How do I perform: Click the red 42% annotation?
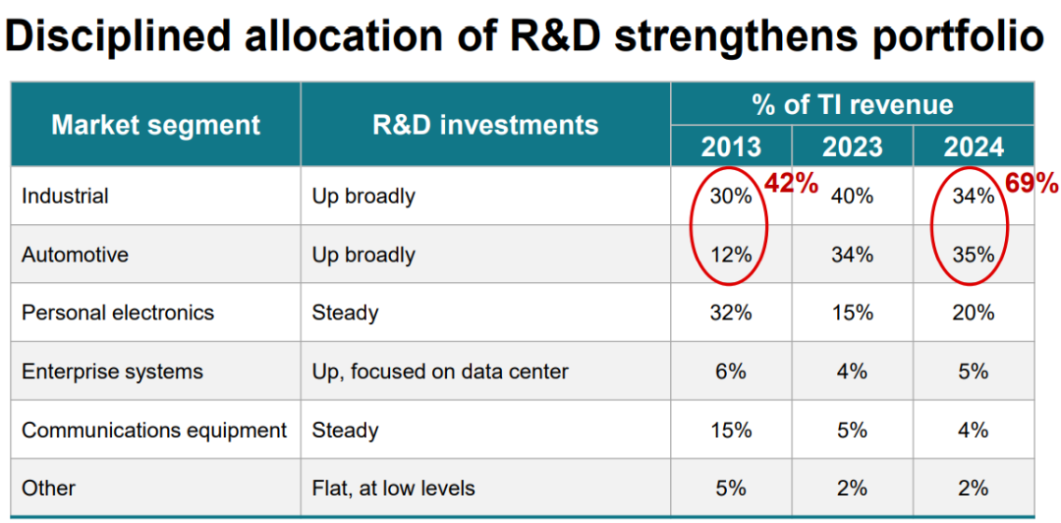pyautogui.click(x=792, y=184)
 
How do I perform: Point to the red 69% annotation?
pyautogui.click(x=1031, y=184)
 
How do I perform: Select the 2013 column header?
pyautogui.click(x=731, y=146)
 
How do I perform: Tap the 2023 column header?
pyautogui.click(x=852, y=146)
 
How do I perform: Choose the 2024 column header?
pyautogui.click(x=974, y=146)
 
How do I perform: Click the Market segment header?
pyautogui.click(x=155, y=125)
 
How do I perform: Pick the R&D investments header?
pyautogui.click(x=485, y=125)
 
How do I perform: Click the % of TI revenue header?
pyautogui.click(x=852, y=104)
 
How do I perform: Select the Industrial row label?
pyautogui.click(x=65, y=197)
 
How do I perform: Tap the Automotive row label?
pyautogui.click(x=75, y=255)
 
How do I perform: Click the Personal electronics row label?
pyautogui.click(x=118, y=313)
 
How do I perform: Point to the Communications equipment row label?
pyautogui.click(x=154, y=430)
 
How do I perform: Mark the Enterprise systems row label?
pyautogui.click(x=112, y=372)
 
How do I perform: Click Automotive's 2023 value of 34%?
pyautogui.click(x=852, y=255)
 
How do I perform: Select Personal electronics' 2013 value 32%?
pyautogui.click(x=731, y=313)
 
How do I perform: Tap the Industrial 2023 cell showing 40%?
pyautogui.click(x=852, y=197)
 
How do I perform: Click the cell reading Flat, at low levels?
pyautogui.click(x=393, y=488)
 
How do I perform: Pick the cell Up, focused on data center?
pyautogui.click(x=440, y=372)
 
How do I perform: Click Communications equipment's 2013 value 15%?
pyautogui.click(x=731, y=430)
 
